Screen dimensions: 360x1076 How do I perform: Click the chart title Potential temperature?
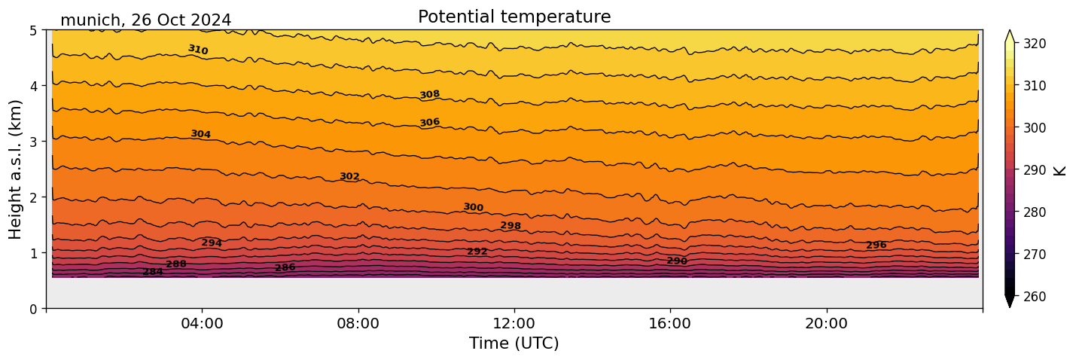[514, 17]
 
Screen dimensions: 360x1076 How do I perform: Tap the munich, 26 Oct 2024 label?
[145, 20]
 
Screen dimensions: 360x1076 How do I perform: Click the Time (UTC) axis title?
[514, 343]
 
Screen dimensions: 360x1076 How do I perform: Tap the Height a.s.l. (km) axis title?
[17, 169]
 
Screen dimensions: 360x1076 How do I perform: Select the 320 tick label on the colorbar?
[1034, 44]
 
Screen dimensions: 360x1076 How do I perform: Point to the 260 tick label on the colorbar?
[1034, 297]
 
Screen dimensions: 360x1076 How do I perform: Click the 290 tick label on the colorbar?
[1034, 170]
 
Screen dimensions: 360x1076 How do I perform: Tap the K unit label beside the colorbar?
[1060, 170]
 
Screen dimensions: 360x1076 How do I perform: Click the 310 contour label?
[198, 50]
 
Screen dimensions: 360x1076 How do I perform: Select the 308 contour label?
[430, 95]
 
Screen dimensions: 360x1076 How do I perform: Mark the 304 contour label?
[200, 134]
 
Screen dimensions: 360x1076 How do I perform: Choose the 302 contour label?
[349, 177]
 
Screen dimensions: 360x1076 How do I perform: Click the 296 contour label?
[876, 246]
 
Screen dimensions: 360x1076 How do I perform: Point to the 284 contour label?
[153, 272]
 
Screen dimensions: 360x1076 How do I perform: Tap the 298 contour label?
[511, 226]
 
